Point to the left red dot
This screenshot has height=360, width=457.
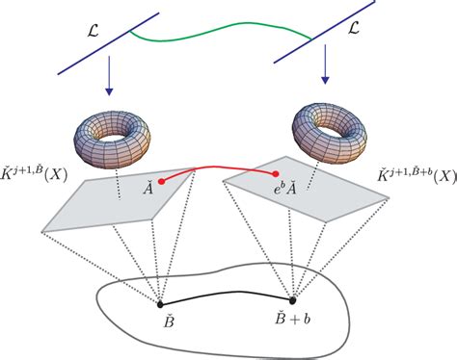(x=161, y=180)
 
